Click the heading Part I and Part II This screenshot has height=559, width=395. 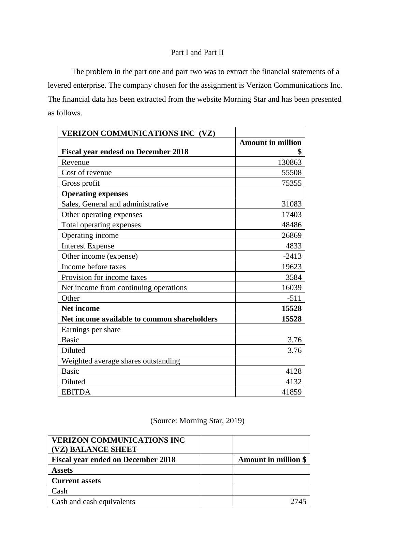point(197,53)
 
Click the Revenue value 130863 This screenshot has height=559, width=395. point(290,162)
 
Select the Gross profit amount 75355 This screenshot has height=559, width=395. point(292,183)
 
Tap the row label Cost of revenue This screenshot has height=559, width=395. point(86,173)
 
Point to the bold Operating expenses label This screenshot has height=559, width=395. point(94,194)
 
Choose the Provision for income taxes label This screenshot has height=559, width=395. point(104,277)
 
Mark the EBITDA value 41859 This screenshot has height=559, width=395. point(292,392)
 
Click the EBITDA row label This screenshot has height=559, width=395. point(76,392)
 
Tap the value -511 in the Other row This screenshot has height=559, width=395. point(294,298)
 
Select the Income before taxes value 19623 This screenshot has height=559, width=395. point(292,267)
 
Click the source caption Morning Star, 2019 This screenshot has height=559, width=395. point(197,421)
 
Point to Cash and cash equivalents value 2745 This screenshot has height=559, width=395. point(298,502)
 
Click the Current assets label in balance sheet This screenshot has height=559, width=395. point(76,481)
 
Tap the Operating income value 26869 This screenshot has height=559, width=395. point(292,235)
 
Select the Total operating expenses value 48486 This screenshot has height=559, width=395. point(292,225)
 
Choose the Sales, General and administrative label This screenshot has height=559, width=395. point(115,204)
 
